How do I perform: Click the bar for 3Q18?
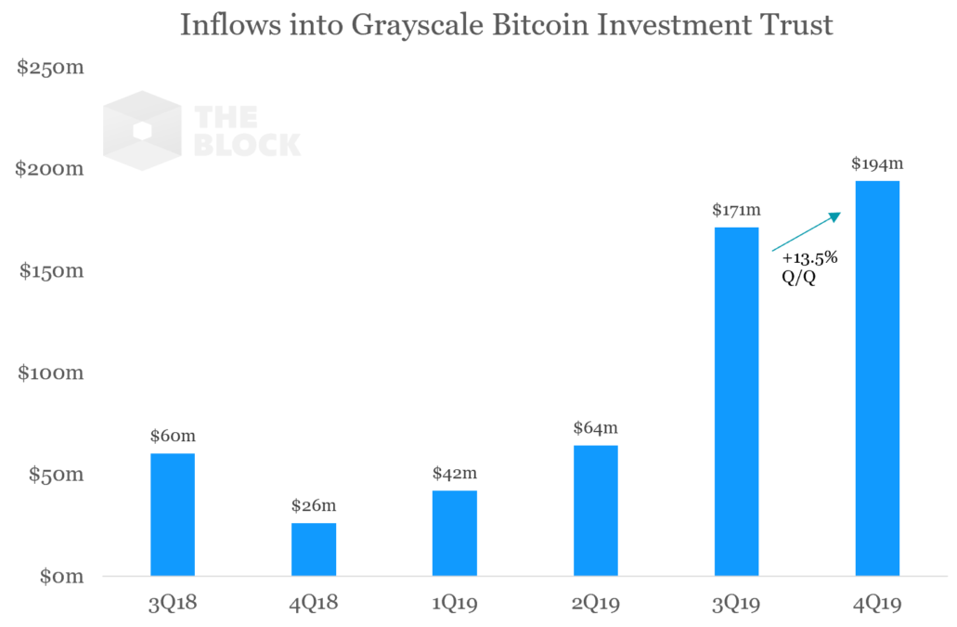click(x=173, y=515)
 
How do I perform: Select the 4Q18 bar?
click(x=314, y=549)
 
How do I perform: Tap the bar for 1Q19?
click(x=455, y=533)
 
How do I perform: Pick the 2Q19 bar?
click(x=596, y=511)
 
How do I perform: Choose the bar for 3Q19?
click(x=736, y=401)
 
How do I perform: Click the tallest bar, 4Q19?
click(x=877, y=378)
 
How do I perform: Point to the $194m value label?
click(x=877, y=163)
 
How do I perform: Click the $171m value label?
click(x=737, y=210)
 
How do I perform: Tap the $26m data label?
click(x=314, y=505)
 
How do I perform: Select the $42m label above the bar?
click(x=455, y=473)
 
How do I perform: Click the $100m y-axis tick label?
click(x=51, y=373)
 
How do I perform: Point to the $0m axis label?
click(x=61, y=577)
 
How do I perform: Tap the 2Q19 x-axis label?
click(x=596, y=605)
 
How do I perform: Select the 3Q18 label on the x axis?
click(x=173, y=605)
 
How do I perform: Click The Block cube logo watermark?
click(x=141, y=130)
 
